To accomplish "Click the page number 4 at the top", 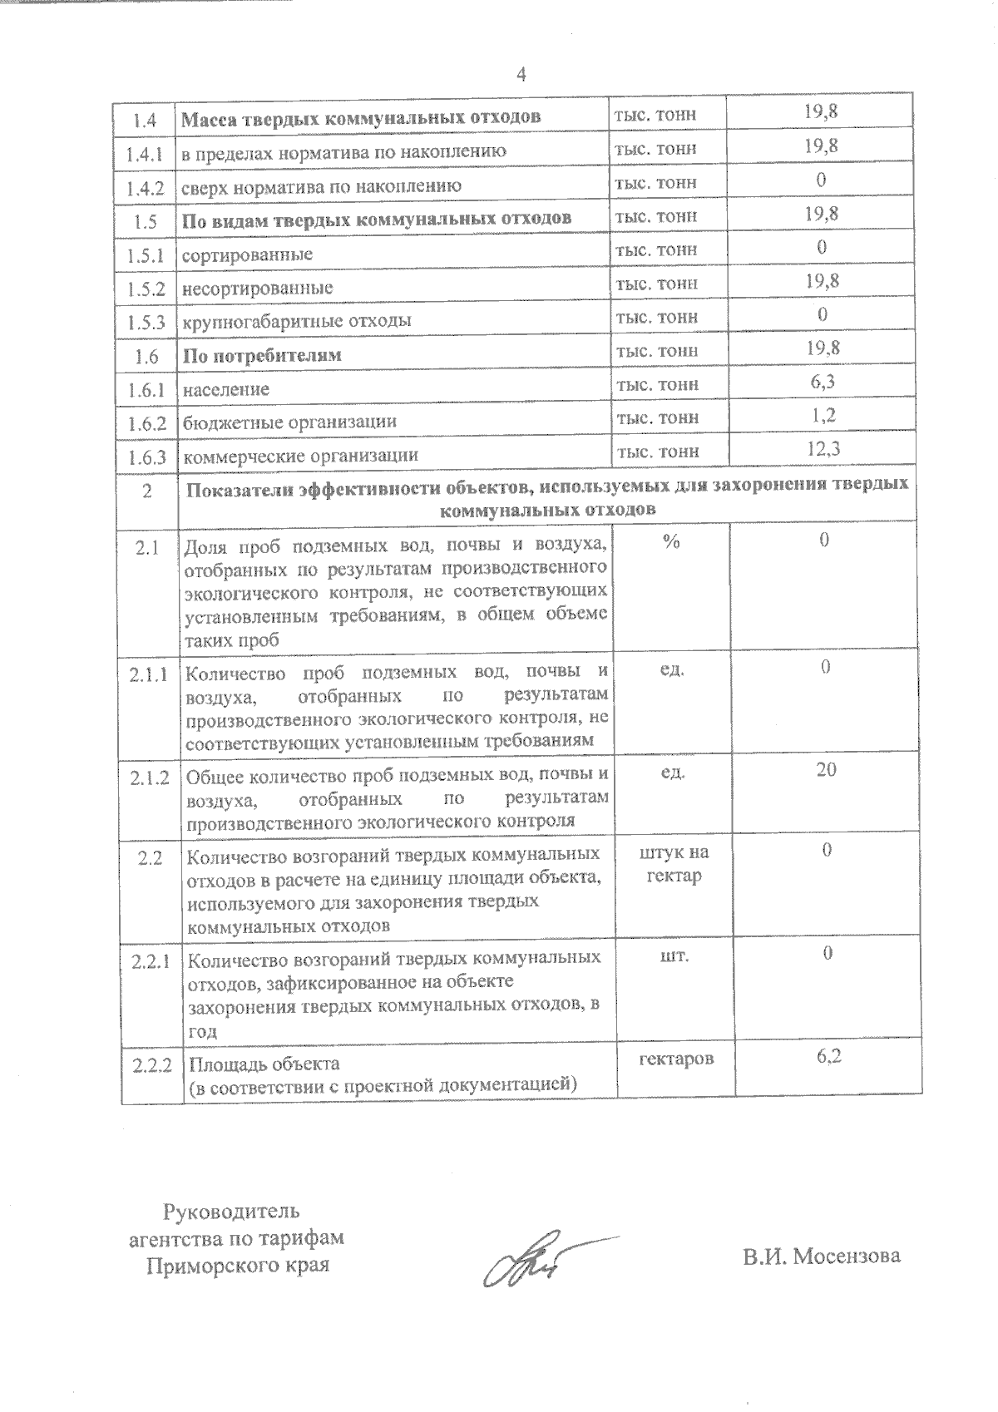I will [521, 75].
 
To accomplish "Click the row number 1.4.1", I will [146, 152].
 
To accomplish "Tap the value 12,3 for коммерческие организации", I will [823, 449].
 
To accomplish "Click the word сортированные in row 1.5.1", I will [247, 254].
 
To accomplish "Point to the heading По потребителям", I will [262, 355].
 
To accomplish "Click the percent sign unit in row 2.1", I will [671, 541].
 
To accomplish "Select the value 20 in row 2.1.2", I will [825, 770].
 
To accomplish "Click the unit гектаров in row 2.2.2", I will [675, 1059].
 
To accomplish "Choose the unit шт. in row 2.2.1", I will [674, 955].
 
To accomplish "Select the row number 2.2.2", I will [151, 1065].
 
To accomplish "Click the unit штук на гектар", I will [674, 864].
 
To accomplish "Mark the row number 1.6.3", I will [146, 456].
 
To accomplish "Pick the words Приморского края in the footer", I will [238, 1266].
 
